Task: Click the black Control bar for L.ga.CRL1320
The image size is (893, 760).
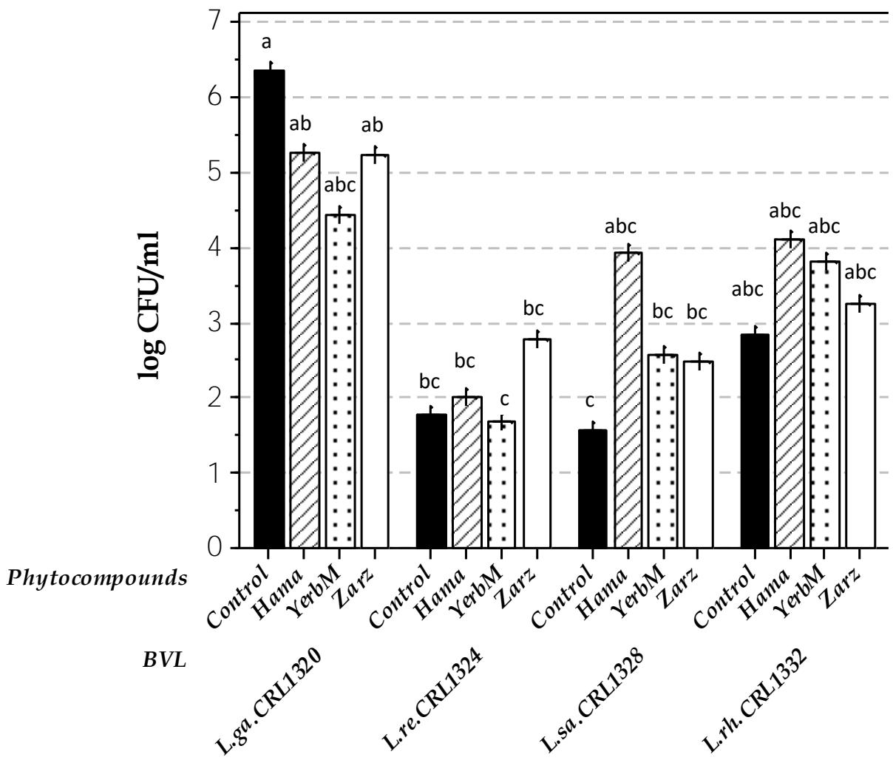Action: point(269,311)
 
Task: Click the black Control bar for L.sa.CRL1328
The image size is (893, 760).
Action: point(592,489)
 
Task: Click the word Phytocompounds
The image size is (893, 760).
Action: point(96,577)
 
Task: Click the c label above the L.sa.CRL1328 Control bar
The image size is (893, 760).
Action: point(590,402)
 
